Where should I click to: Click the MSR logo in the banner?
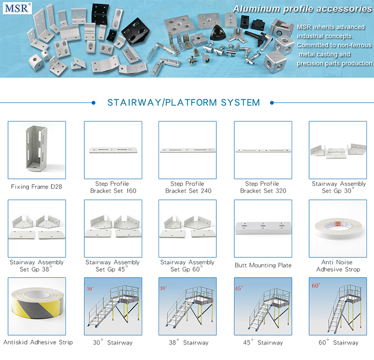(x=17, y=8)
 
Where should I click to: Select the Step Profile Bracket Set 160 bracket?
(x=113, y=150)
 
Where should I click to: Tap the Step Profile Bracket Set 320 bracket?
(x=263, y=151)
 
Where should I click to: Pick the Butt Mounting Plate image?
(x=263, y=228)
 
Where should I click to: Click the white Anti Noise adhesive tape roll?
(x=338, y=229)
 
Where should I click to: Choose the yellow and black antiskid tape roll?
(x=38, y=303)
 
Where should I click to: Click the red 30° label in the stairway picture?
(x=90, y=289)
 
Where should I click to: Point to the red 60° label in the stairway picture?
(x=316, y=286)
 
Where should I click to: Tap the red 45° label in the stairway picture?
(x=239, y=288)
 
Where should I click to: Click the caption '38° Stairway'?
(x=188, y=343)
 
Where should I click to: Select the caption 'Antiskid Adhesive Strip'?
(x=38, y=342)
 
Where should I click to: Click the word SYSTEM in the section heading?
(x=240, y=103)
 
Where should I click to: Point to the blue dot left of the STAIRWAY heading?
(x=94, y=103)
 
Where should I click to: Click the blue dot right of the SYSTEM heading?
(x=272, y=103)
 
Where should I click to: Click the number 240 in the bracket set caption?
(x=206, y=191)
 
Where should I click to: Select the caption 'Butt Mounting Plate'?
(x=263, y=265)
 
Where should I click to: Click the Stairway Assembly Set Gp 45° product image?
(x=113, y=226)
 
